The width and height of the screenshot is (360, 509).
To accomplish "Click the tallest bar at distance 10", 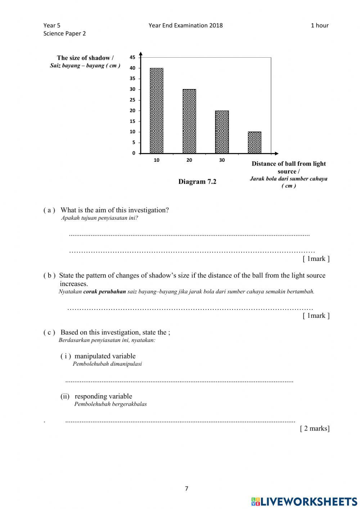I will [x=157, y=111].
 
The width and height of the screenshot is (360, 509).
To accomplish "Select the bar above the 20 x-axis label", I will [x=189, y=121].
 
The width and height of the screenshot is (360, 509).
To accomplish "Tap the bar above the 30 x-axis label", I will [x=222, y=132].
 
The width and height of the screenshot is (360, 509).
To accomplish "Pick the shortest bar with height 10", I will [x=255, y=143].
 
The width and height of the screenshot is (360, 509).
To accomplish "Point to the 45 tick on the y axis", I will [x=132, y=57].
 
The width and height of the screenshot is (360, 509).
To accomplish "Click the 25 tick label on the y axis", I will [x=132, y=100].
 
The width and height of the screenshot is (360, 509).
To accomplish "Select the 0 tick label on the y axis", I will [x=134, y=153].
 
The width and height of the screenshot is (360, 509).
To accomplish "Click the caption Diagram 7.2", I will [x=197, y=182].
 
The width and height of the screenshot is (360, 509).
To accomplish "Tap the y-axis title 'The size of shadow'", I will [x=85, y=58].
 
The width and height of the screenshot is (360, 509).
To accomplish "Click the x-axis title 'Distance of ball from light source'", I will [x=288, y=167].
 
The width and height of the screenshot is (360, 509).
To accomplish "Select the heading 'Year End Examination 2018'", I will [x=185, y=25].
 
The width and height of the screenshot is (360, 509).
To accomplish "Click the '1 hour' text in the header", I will [x=319, y=25].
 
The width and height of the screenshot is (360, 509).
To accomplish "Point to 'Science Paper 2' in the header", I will [x=64, y=34].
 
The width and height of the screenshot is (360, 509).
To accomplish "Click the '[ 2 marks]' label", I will [x=315, y=428].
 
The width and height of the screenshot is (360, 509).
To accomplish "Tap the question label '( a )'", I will [x=49, y=210].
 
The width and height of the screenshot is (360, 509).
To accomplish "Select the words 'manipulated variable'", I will [x=105, y=356].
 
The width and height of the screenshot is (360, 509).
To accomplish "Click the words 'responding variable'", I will [x=103, y=396].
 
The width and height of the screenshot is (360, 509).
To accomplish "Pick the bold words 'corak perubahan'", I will [x=104, y=292].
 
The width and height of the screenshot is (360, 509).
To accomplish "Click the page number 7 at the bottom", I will [x=186, y=489].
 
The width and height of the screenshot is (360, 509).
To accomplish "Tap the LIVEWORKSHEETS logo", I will [x=304, y=501].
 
